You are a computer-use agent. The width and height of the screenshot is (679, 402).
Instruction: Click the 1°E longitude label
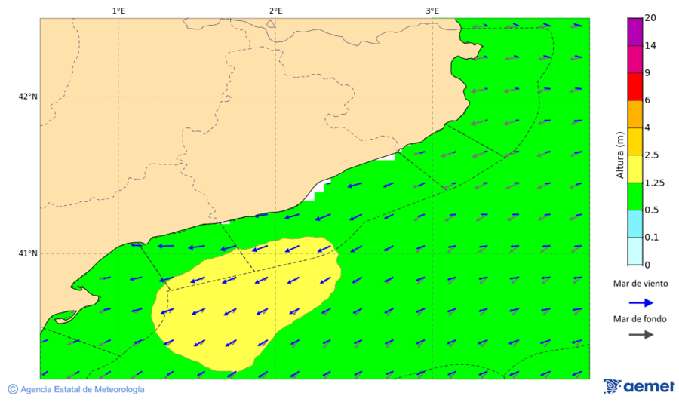[x=118, y=11]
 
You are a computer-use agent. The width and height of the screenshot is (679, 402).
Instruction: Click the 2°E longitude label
[x=275, y=11]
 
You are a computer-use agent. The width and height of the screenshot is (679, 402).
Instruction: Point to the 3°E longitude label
[x=432, y=11]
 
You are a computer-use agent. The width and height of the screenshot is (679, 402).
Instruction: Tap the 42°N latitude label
[x=28, y=97]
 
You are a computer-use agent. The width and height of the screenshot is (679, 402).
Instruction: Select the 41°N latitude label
[x=28, y=253]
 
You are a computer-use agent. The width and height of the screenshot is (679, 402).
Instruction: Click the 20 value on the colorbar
[x=650, y=19]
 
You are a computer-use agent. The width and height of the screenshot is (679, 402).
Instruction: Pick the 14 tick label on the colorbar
[x=650, y=46]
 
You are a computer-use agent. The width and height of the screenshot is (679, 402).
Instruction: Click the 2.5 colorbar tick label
[x=653, y=155]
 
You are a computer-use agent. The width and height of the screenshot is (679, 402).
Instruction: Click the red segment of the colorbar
[x=634, y=87]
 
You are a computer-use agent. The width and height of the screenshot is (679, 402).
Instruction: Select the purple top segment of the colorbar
[x=634, y=32]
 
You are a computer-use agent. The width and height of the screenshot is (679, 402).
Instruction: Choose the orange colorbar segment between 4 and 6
[x=634, y=114]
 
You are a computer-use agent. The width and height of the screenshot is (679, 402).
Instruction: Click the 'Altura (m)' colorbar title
[x=620, y=155]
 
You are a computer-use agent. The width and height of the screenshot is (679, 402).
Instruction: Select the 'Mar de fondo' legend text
[x=640, y=319]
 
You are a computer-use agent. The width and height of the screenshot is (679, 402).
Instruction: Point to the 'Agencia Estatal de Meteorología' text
[x=82, y=389]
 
